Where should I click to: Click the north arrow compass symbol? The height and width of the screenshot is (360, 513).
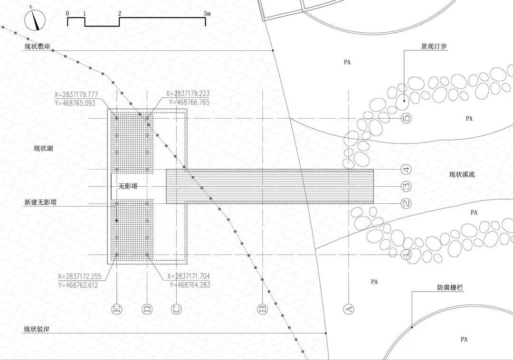pyautogui.click(x=35, y=20)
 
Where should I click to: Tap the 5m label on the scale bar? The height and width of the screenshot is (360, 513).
pyautogui.click(x=207, y=13)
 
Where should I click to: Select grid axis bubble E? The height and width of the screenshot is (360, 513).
pyautogui.click(x=117, y=309)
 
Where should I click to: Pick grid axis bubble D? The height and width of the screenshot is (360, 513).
pyautogui.click(x=147, y=309)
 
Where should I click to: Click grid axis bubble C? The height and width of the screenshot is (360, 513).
pyautogui.click(x=176, y=309)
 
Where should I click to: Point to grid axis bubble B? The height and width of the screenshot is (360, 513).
pyautogui.click(x=263, y=309)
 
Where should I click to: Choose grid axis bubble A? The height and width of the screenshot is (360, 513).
pyautogui.click(x=349, y=309)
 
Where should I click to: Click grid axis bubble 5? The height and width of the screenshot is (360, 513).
pyautogui.click(x=406, y=118)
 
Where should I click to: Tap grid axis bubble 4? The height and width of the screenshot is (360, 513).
pyautogui.click(x=406, y=170)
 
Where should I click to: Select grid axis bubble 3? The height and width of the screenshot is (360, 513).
pyautogui.click(x=406, y=186)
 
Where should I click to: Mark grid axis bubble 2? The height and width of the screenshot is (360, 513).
pyautogui.click(x=406, y=203)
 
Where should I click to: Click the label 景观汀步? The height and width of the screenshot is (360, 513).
pyautogui.click(x=434, y=46)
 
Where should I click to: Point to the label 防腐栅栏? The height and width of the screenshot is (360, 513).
pyautogui.click(x=450, y=288)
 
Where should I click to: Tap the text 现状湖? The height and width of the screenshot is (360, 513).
pyautogui.click(x=43, y=149)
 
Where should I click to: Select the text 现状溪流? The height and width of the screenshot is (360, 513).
pyautogui.click(x=462, y=174)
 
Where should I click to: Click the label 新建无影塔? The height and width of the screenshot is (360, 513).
pyautogui.click(x=40, y=202)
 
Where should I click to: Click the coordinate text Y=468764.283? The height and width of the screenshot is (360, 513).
pyautogui.click(x=190, y=285)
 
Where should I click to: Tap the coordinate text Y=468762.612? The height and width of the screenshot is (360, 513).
pyautogui.click(x=78, y=285)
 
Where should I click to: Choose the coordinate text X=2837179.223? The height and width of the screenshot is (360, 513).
pyautogui.click(x=188, y=94)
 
